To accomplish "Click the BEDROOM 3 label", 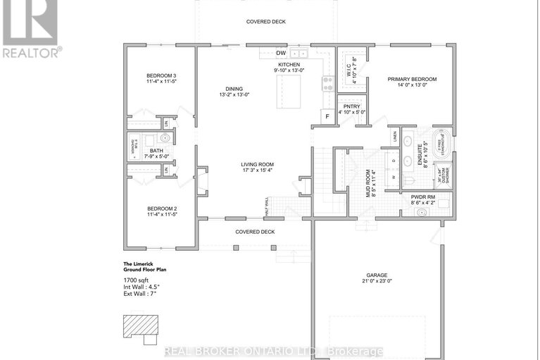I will pyautogui.click(x=161, y=75).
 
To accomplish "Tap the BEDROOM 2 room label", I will pyautogui.click(x=161, y=209).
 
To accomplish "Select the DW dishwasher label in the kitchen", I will pyautogui.click(x=280, y=53).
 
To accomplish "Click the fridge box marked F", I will pyautogui.click(x=327, y=116).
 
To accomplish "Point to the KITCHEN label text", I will pyautogui.click(x=289, y=64).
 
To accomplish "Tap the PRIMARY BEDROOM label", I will pyautogui.click(x=412, y=79).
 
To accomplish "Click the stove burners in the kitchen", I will pyautogui.click(x=327, y=83).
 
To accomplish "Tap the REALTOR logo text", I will pyautogui.click(x=32, y=51).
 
